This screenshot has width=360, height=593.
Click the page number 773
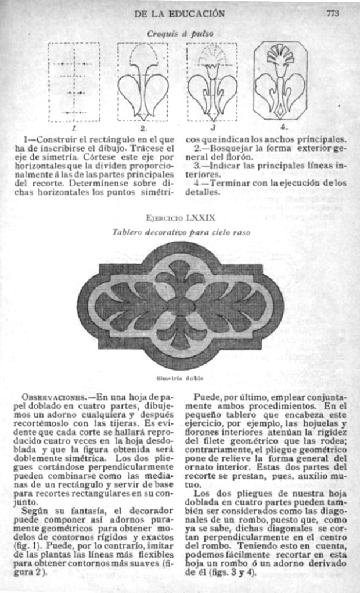(332, 13)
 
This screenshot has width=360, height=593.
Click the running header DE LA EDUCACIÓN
(179, 13)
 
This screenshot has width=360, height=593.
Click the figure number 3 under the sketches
(213, 127)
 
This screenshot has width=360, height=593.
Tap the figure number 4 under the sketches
(282, 127)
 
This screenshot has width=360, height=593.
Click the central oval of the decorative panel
(180, 306)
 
